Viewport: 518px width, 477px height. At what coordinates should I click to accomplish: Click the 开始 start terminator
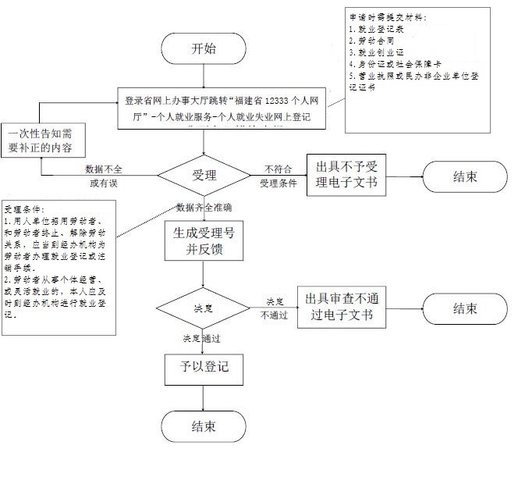point(204,48)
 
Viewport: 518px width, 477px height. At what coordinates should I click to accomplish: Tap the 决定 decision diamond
point(203,308)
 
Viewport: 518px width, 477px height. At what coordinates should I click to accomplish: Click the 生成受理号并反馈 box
point(203,240)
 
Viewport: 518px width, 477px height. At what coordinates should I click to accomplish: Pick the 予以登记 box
point(203,368)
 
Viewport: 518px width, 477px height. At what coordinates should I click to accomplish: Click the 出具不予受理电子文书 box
point(346,175)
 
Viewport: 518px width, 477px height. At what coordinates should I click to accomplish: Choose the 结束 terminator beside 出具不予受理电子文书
point(465,176)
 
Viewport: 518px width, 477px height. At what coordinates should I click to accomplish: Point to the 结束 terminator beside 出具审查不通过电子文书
point(465,308)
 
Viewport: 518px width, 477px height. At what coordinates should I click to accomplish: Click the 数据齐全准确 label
point(204,208)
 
